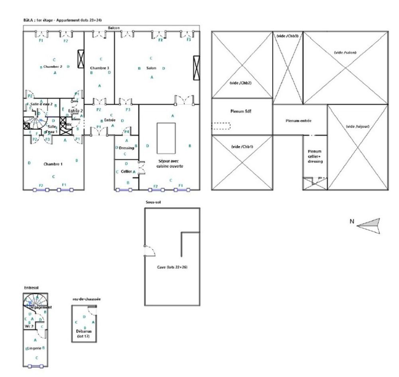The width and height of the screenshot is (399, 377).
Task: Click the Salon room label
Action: pos(151,68)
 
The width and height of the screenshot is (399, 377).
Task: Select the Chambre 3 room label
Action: pos(100,68)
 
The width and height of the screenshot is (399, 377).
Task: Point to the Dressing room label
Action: pos(126,148)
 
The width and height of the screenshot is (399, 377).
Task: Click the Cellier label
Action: pos(126,171)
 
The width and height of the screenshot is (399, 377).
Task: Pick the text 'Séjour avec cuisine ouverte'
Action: pos(171,164)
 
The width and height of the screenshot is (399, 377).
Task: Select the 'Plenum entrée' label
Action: pos(300,120)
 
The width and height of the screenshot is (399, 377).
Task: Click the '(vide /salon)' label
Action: pos(345,52)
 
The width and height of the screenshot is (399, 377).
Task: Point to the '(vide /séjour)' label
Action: pos(358,126)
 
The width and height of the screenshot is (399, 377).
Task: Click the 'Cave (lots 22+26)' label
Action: pos(172,267)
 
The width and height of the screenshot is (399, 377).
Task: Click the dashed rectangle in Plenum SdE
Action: pos(221,126)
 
